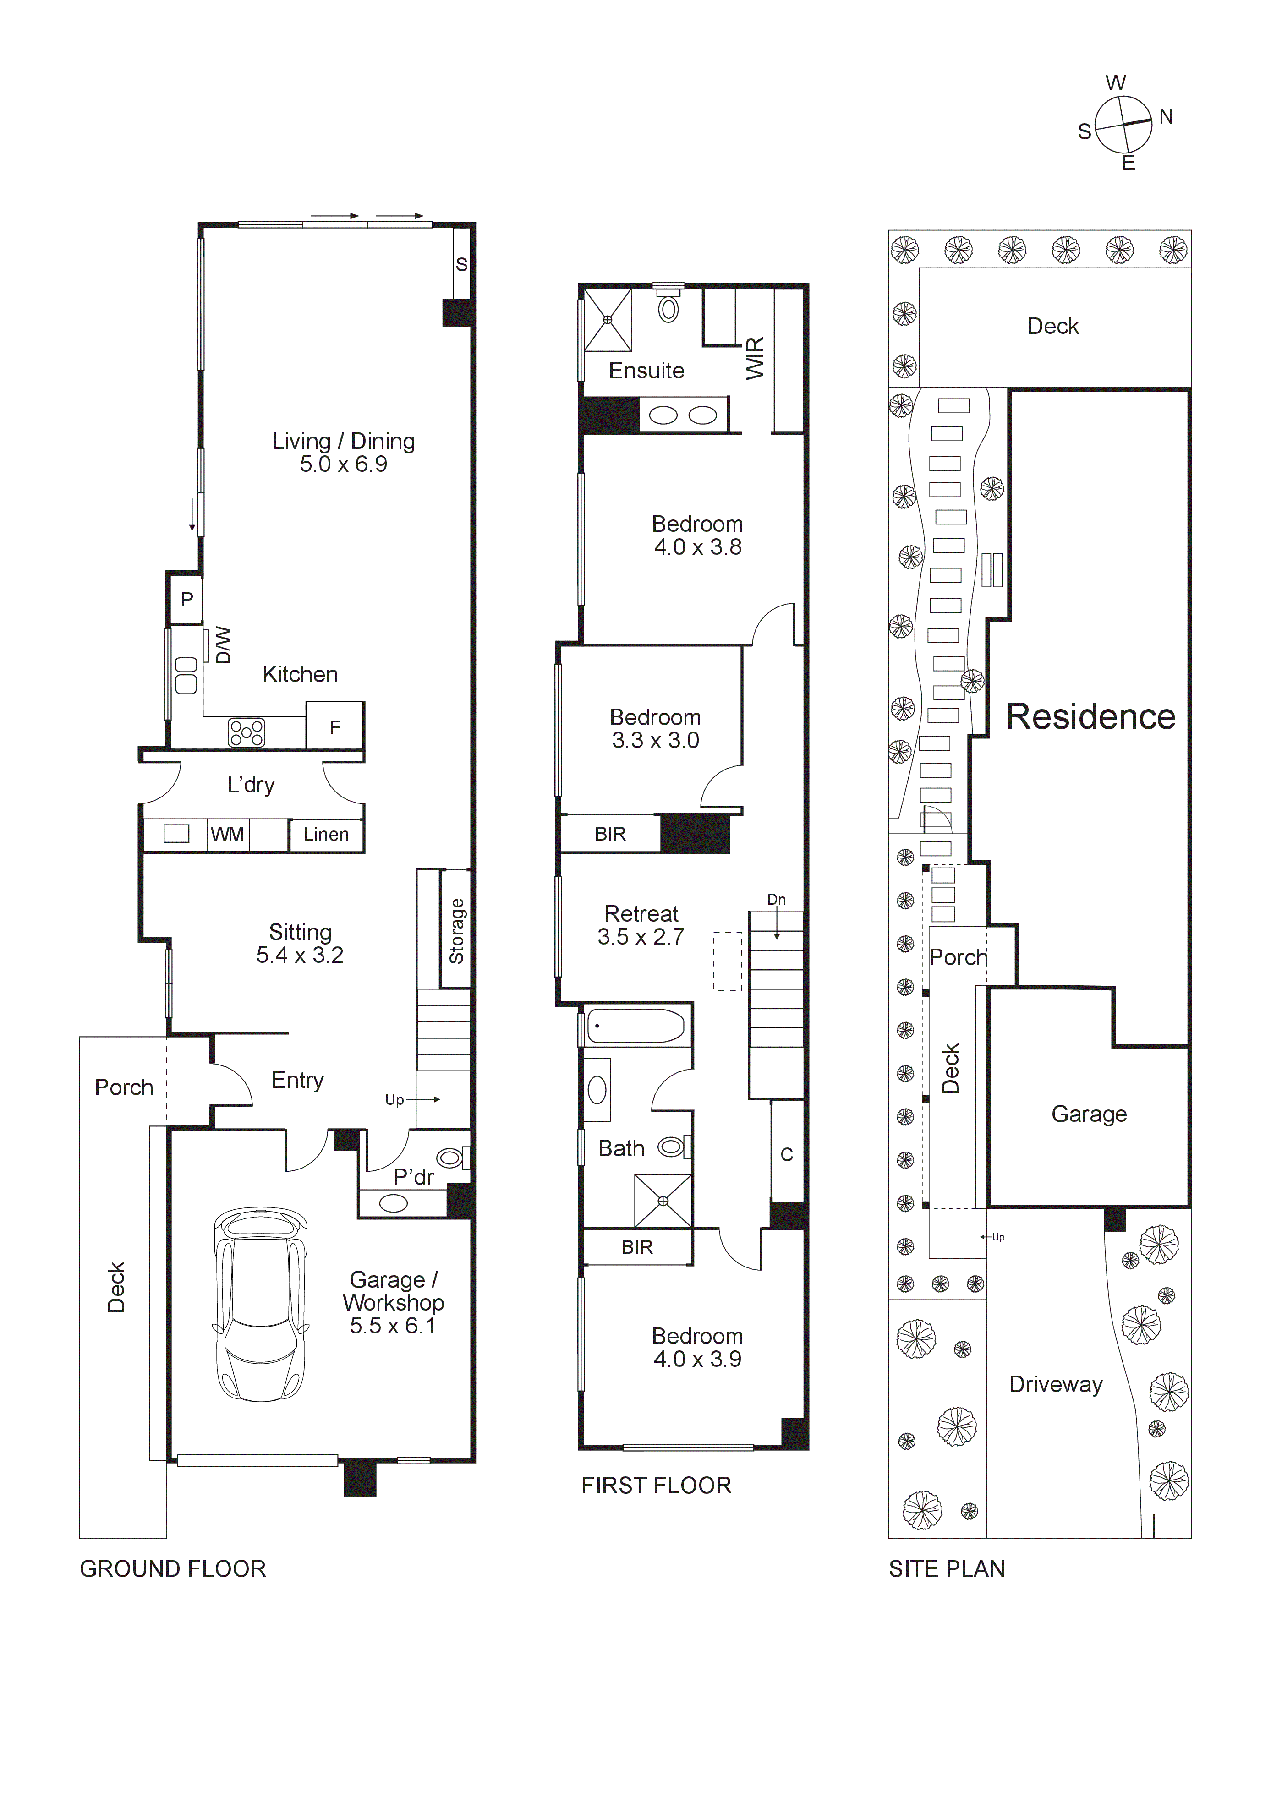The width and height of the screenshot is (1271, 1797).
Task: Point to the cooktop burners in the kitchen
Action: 246,732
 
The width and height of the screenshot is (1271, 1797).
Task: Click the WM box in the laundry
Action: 226,834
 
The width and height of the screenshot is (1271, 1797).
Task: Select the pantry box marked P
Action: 186,600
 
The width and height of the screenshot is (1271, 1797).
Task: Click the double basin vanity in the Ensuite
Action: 682,415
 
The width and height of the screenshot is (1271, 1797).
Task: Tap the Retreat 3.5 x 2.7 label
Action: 641,925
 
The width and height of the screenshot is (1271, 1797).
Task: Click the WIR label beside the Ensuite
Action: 755,359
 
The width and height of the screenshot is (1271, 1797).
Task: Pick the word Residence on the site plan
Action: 1090,717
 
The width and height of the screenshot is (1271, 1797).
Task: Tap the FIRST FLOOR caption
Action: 656,1486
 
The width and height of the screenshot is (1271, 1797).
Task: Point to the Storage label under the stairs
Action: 456,931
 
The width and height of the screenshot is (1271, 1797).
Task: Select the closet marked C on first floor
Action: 787,1154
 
